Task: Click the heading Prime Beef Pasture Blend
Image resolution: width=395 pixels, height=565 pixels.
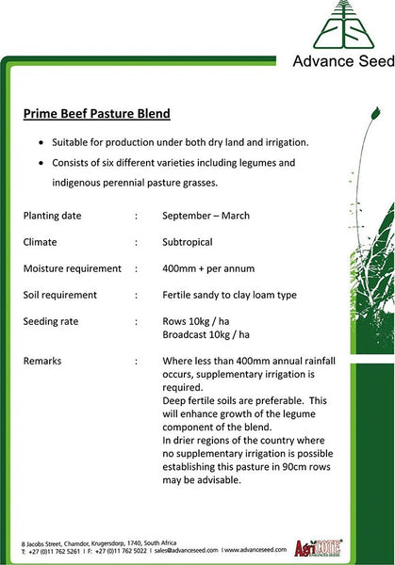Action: point(97,114)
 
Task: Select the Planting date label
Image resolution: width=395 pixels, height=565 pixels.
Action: point(58,216)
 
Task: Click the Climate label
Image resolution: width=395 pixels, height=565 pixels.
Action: point(45,242)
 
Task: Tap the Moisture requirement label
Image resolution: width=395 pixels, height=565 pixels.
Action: point(73,268)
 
